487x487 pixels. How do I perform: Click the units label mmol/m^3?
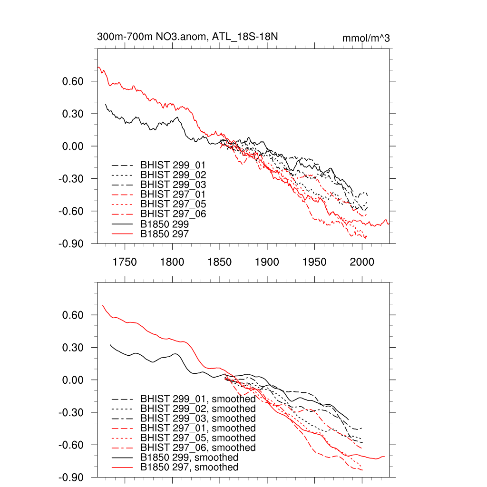(x=366, y=38)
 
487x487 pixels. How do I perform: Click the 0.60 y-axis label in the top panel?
(x=73, y=81)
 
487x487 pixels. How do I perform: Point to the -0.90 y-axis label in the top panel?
(x=70, y=243)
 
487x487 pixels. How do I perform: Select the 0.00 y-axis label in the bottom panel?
(x=73, y=380)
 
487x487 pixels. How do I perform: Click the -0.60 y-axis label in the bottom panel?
(x=70, y=445)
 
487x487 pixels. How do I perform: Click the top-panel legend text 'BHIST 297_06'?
(x=173, y=214)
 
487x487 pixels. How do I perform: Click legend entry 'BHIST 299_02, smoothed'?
(x=198, y=409)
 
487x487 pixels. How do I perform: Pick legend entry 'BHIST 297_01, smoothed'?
(x=198, y=428)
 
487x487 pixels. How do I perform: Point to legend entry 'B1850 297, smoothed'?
(x=189, y=468)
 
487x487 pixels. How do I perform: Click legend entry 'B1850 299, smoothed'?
(x=189, y=458)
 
